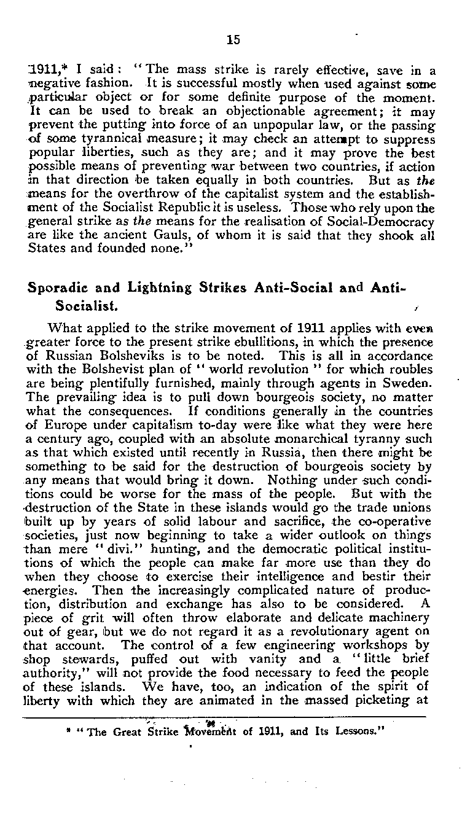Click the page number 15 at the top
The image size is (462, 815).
[x=232, y=40]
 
